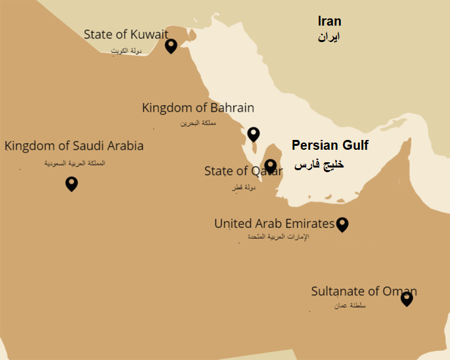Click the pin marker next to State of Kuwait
pos(171,45)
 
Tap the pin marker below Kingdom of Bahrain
pos(254,134)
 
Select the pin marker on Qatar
pos(270,166)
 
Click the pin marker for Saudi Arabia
pos(72,184)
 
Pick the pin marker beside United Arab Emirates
pos(342,225)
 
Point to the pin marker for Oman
pos(407,298)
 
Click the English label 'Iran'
pos(329,22)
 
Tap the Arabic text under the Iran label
pos(328,37)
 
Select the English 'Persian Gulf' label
pos(330,145)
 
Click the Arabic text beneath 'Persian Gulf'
pos(319,164)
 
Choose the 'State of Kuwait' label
pos(125,34)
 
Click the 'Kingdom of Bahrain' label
pos(198,108)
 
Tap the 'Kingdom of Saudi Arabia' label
pos(74,146)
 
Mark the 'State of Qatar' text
pos(235,171)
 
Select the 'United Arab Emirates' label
pos(274,224)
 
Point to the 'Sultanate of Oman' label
pos(363,291)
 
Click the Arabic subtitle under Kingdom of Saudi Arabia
pos(74,163)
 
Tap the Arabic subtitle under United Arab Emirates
pos(274,236)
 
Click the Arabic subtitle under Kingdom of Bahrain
pos(198,123)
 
